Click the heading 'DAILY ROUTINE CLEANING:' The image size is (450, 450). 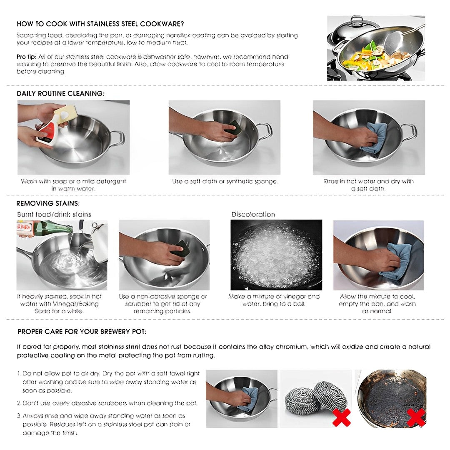[60, 93]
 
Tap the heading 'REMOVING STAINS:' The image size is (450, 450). [48, 203]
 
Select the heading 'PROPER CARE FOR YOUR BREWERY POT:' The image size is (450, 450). [82, 332]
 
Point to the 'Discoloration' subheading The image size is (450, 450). [253, 214]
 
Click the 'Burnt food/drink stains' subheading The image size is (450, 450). [54, 214]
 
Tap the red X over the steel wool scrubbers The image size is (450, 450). [341, 417]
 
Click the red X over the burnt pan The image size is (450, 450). [415, 417]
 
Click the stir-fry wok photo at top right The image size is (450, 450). [376, 48]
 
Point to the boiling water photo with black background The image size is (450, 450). [276, 255]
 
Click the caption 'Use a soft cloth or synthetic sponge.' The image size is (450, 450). [225, 182]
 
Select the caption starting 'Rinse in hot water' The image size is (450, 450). [368, 185]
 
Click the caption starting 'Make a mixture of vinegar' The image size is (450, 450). [274, 300]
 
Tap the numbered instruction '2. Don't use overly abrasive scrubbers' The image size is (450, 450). [107, 403]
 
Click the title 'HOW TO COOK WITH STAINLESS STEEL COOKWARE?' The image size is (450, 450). [100, 24]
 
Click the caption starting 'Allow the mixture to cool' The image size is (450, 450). [377, 304]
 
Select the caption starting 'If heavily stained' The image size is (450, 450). [59, 304]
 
